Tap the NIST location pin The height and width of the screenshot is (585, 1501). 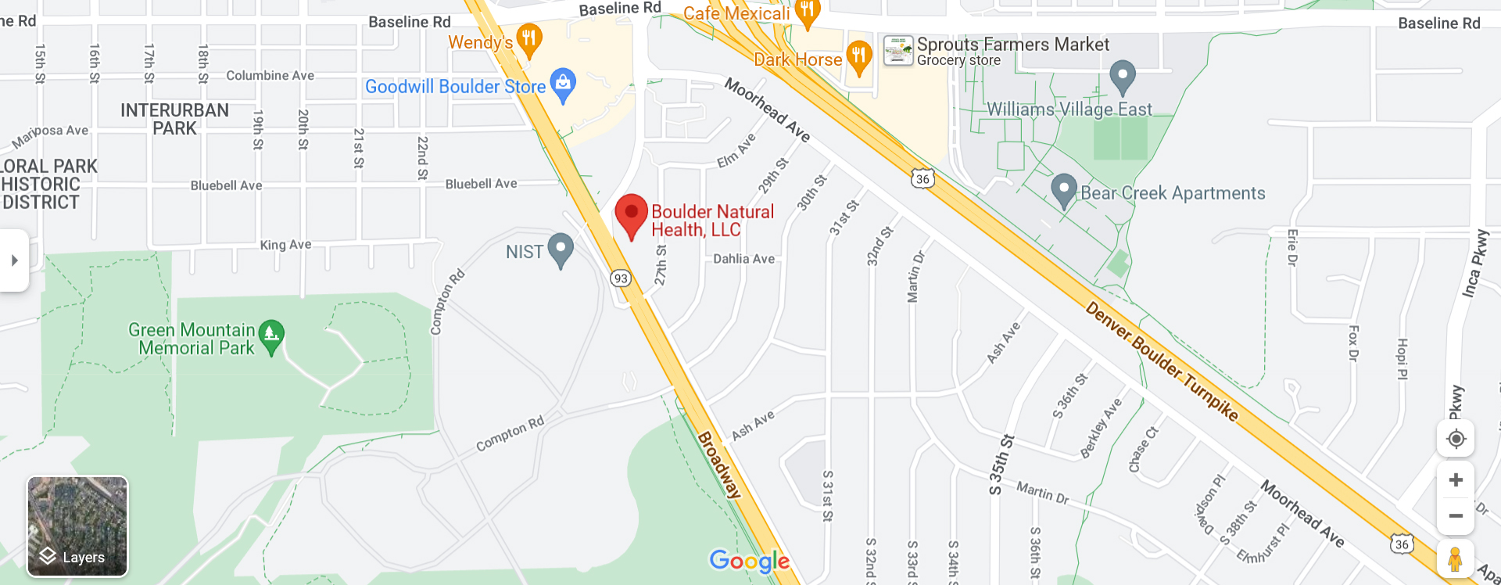click(561, 249)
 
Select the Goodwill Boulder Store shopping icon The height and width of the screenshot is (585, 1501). click(563, 84)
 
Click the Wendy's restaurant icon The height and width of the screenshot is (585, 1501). click(529, 39)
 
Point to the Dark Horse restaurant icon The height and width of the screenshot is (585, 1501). click(859, 57)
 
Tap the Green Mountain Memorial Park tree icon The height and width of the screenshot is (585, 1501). click(270, 336)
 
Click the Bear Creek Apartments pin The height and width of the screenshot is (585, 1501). click(1063, 190)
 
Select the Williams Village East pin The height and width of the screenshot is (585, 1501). click(1123, 76)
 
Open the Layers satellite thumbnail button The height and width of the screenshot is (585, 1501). click(77, 526)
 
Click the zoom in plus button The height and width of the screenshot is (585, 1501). click(1456, 479)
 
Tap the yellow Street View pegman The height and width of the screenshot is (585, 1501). click(1455, 560)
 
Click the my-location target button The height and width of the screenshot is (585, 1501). click(1456, 439)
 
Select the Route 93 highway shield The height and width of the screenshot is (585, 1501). click(621, 278)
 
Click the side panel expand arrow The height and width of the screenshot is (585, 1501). click(14, 260)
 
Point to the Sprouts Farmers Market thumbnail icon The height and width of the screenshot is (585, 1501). click(898, 51)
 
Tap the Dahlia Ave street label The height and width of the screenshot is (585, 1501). click(743, 259)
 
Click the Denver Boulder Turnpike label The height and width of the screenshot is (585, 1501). click(1162, 362)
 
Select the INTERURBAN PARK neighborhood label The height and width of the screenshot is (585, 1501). click(174, 120)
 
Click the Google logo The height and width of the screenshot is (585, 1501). click(749, 561)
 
